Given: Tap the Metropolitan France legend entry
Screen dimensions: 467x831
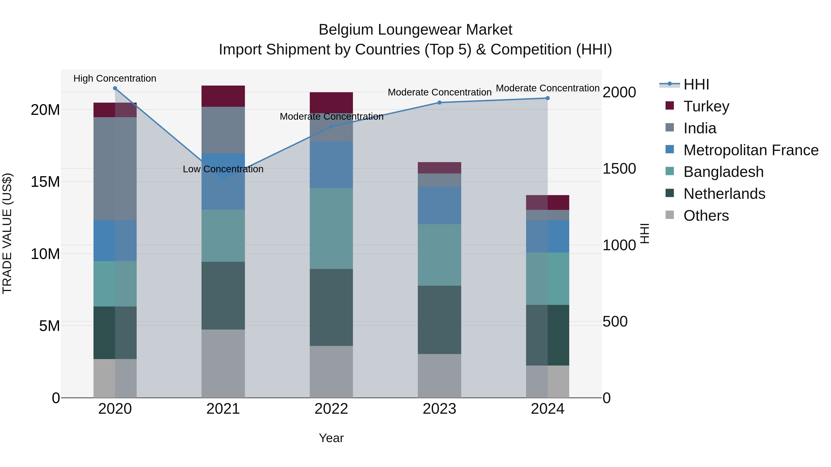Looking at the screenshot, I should point(750,150).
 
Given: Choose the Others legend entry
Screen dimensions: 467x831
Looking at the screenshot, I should point(706,216).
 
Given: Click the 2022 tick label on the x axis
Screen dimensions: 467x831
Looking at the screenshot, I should point(331,409).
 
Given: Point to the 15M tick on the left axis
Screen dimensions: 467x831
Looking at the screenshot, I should point(45,182).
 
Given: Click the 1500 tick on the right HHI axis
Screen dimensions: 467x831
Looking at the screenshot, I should point(619,169).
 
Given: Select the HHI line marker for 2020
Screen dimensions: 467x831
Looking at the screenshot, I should point(115,88).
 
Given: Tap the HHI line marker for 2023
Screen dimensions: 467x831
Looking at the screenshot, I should point(439,102).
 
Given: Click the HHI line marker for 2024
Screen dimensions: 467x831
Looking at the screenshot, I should point(548,98).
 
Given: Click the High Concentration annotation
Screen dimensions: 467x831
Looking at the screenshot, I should point(115,78).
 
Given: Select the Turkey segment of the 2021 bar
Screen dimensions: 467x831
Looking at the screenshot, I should point(223,96).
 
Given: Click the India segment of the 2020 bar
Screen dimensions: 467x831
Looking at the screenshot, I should point(115,169).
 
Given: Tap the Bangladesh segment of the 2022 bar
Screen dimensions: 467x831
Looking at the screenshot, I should point(331,229).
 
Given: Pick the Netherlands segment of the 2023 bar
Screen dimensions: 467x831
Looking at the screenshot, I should point(439,320).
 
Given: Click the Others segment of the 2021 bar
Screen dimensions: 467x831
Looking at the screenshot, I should point(223,363).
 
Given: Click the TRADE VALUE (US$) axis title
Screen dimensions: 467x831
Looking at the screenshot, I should point(7,233).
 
